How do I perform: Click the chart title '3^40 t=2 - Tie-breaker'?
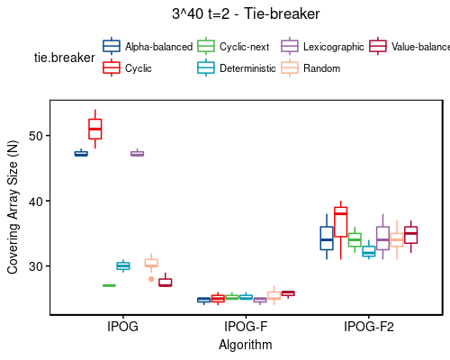click(245, 14)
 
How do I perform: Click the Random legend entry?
click(315, 67)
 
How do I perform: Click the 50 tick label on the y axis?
click(36, 136)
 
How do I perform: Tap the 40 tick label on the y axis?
click(36, 202)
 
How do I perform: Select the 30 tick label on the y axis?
click(36, 267)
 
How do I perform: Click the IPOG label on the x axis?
click(122, 327)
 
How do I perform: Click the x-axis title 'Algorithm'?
click(246, 344)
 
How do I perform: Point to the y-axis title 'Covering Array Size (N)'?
click(13, 207)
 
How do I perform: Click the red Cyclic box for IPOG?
click(94, 129)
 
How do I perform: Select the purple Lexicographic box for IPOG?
click(137, 154)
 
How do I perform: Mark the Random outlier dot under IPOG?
click(150, 279)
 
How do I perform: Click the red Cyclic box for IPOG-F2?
click(340, 221)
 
